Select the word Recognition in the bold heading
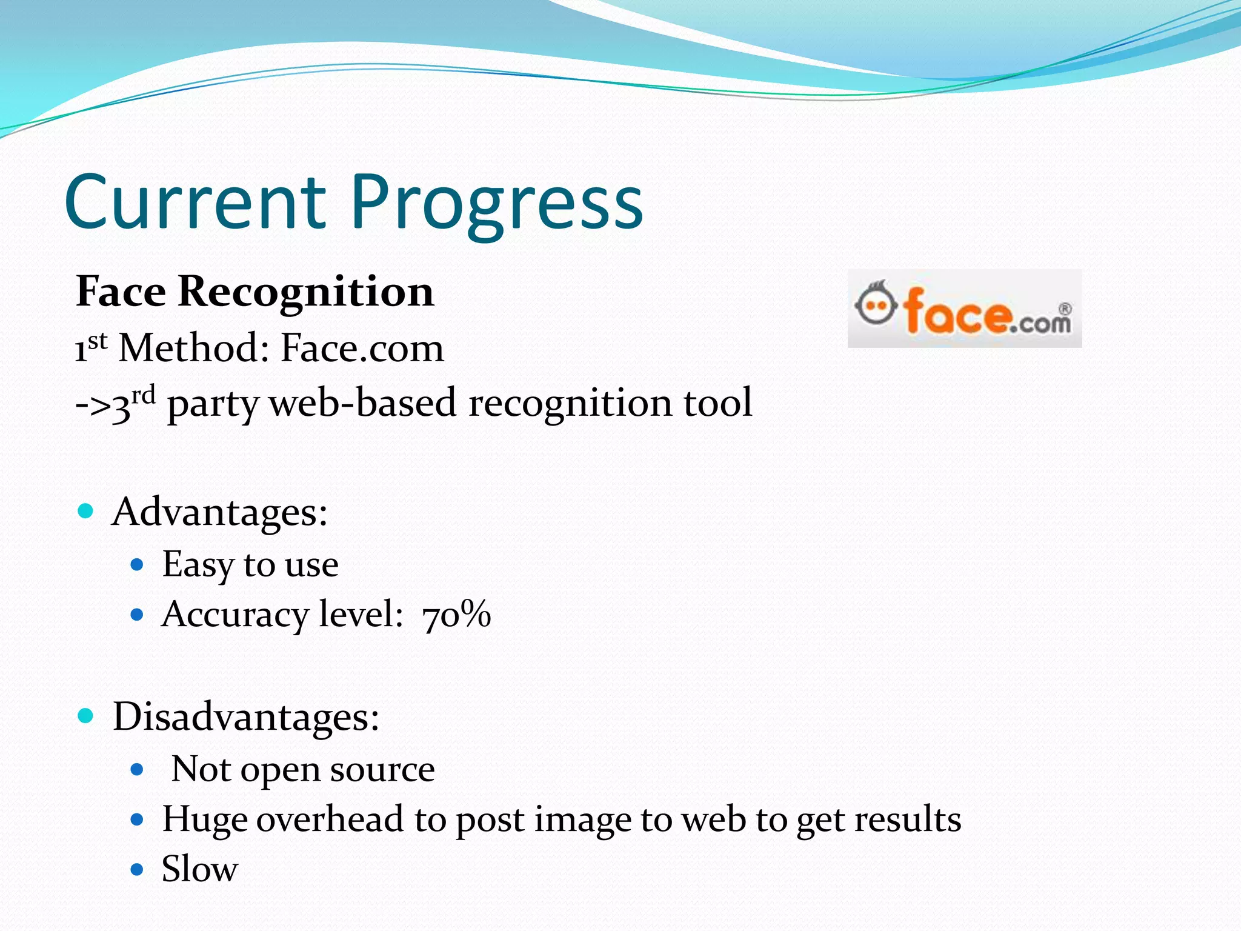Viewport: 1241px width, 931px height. [306, 292]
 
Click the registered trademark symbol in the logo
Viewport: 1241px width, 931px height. [1065, 309]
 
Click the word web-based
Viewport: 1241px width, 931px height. [362, 403]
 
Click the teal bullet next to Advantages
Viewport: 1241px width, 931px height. [86, 511]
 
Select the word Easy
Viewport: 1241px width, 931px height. [197, 565]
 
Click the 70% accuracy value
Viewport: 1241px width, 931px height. [456, 615]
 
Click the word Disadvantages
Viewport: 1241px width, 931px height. [245, 717]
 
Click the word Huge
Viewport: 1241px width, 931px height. [204, 820]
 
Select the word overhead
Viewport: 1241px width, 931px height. [330, 819]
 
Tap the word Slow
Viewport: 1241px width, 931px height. [199, 869]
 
